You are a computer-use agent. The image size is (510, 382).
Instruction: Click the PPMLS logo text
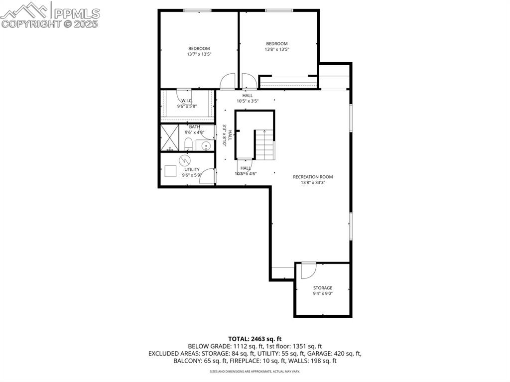click(x=76, y=13)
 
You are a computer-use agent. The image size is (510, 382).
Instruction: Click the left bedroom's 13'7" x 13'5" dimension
click(x=199, y=54)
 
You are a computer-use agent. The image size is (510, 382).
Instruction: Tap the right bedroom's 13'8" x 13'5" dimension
click(x=276, y=49)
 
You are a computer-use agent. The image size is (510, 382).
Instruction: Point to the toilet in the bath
click(x=188, y=145)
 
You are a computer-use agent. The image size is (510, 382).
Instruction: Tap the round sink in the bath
click(x=206, y=145)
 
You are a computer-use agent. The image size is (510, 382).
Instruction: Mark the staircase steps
click(x=265, y=145)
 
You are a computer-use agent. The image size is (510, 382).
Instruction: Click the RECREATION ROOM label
click(x=313, y=177)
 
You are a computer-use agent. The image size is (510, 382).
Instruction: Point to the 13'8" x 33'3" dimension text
click(x=313, y=183)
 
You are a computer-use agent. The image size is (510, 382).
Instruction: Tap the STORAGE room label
click(x=322, y=288)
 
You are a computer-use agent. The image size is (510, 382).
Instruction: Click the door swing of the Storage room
click(x=308, y=269)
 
